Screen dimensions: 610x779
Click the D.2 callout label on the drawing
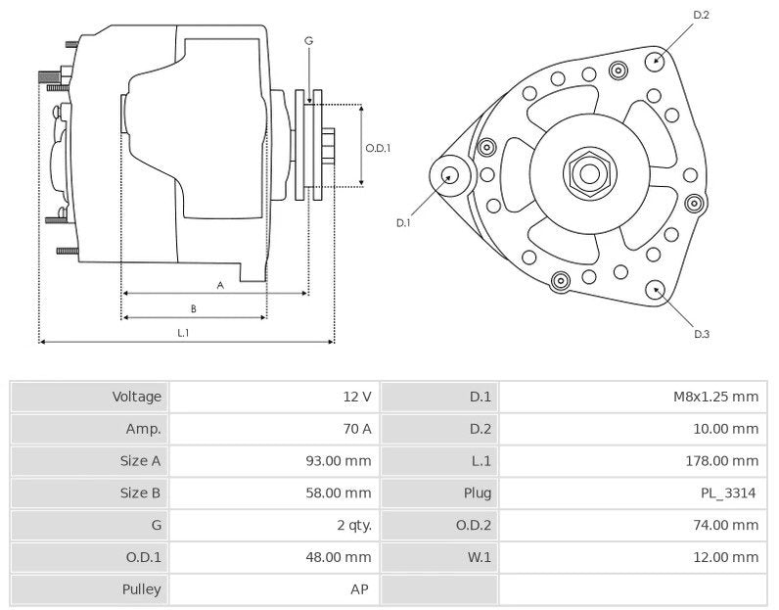701,15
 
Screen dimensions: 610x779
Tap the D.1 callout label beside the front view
402,223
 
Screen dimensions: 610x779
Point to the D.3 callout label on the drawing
701,334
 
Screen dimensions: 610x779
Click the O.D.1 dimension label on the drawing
378,148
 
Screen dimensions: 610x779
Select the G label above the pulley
308,41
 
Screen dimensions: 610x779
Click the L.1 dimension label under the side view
183,333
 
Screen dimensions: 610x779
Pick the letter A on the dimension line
220,285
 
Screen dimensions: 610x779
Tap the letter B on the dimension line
194,308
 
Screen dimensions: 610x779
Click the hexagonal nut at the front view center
589,174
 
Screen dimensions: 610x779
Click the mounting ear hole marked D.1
450,176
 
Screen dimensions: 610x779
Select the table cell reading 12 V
356,397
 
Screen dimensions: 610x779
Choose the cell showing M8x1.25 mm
715,397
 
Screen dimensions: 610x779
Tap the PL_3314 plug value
728,493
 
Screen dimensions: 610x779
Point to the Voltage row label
136,397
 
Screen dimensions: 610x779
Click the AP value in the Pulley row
360,589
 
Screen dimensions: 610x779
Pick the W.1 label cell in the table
480,557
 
